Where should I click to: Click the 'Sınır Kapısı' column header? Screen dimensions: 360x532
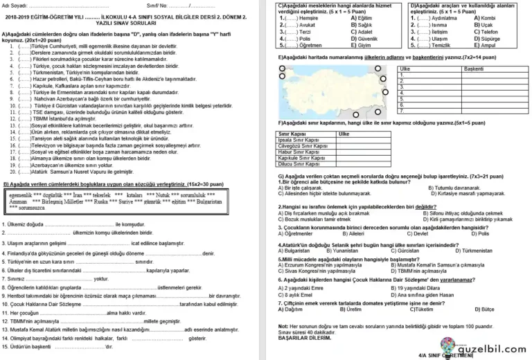pyautogui.click(x=293, y=133)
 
